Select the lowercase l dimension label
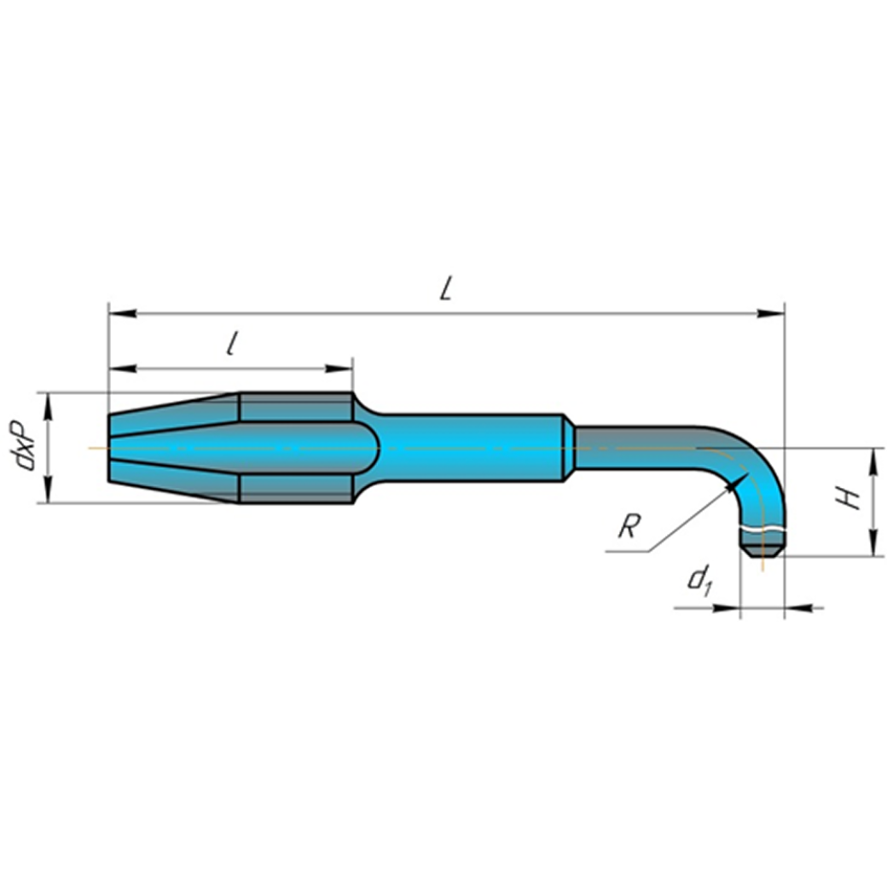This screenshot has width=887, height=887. click(x=231, y=344)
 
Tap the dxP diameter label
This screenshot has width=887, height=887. click(x=25, y=446)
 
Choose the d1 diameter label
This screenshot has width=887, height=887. click(x=699, y=582)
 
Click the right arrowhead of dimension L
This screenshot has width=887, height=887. click(x=773, y=315)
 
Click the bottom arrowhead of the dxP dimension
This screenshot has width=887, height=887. click(x=49, y=492)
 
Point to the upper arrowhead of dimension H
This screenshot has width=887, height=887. click(x=873, y=459)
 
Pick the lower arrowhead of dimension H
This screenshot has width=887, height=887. click(x=873, y=545)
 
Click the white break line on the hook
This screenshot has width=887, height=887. click(x=762, y=530)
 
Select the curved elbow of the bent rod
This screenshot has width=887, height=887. click(x=751, y=465)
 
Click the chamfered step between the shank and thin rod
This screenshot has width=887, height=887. click(x=567, y=448)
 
